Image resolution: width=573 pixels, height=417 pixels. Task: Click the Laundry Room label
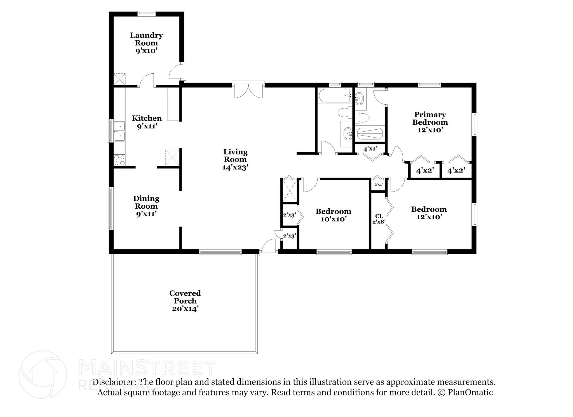coord(146,43)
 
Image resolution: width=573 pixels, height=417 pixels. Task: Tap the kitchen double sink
coord(119,131)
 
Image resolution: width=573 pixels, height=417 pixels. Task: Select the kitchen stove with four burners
coord(119,160)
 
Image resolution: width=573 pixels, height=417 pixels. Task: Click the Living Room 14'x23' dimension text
coord(235,167)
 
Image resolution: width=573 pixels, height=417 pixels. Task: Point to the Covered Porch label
coord(185,301)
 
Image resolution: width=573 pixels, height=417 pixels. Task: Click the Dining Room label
coord(146,206)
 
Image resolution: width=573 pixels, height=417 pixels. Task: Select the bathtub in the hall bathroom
coord(334,96)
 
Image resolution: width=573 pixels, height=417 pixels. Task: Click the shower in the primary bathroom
coord(370,134)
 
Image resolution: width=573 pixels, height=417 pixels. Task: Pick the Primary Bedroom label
coord(430,122)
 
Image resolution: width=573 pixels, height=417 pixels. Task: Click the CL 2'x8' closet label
coord(379,219)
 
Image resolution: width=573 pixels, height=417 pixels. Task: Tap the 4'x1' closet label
coord(370,149)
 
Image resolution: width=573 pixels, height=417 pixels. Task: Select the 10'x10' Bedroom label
coord(333,215)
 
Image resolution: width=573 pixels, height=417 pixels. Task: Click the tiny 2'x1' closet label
coord(378,184)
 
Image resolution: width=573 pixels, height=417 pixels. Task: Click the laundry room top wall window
coord(146,13)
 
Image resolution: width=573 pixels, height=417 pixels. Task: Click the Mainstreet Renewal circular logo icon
coord(43,374)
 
